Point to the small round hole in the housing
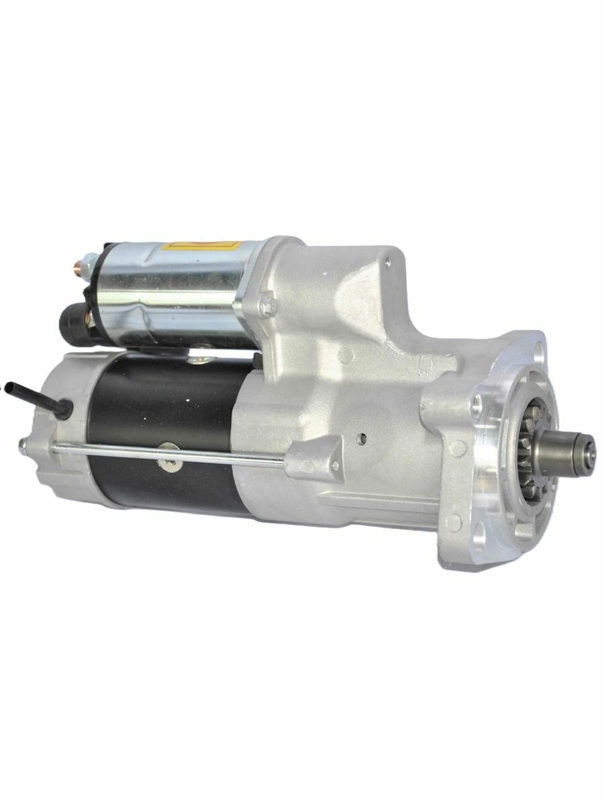tap(362, 440)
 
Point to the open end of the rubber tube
tap(9, 386)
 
